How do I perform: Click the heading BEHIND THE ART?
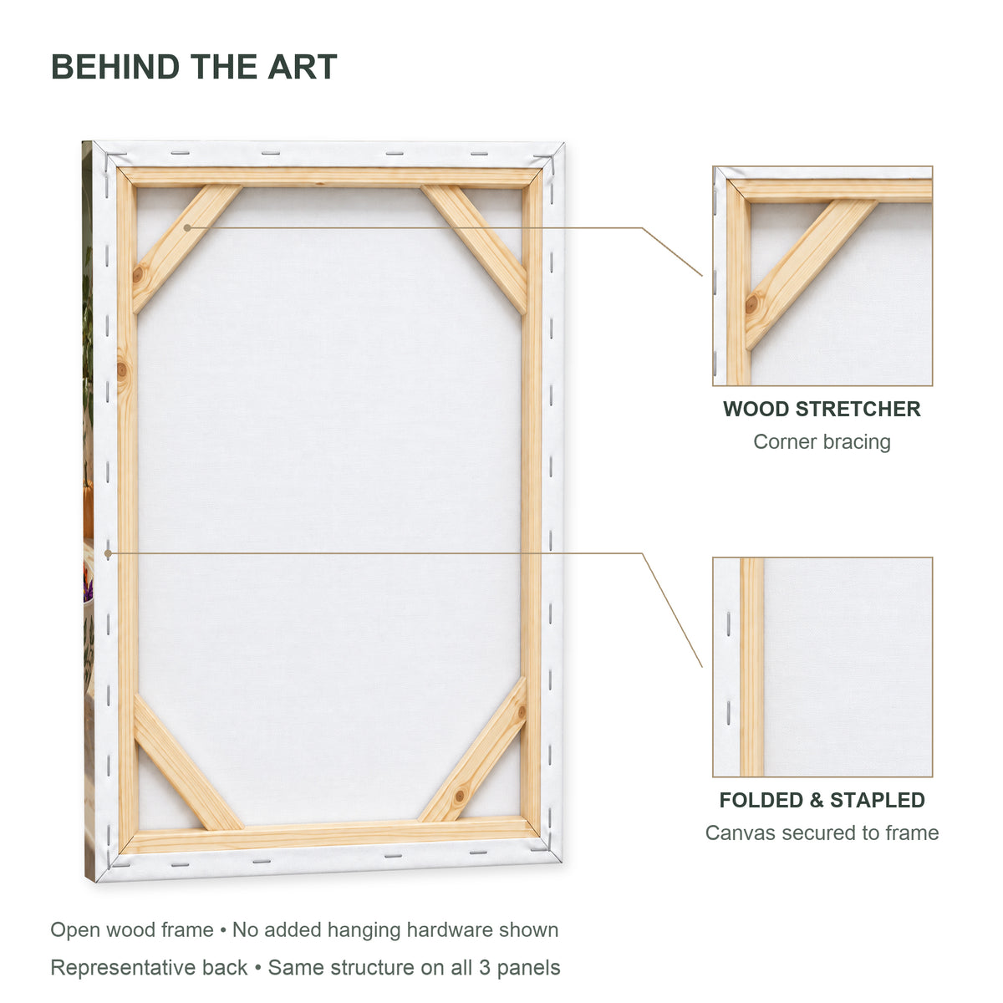(x=194, y=67)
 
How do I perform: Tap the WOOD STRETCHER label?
(x=822, y=409)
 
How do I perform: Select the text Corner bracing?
(x=822, y=442)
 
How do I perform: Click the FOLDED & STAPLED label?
(x=822, y=800)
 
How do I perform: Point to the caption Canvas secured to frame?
(x=822, y=832)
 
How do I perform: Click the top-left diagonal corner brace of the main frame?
(x=186, y=249)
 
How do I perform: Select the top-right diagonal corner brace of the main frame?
(x=475, y=249)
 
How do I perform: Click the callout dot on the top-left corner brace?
(x=187, y=227)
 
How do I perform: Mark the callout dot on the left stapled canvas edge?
(x=108, y=553)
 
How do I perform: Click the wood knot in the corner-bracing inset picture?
(x=751, y=304)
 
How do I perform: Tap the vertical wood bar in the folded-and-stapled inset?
(x=751, y=667)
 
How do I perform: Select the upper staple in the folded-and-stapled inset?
(x=728, y=624)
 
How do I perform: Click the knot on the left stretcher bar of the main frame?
(x=122, y=370)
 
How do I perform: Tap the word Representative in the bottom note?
(x=149, y=968)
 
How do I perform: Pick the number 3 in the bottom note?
(x=485, y=968)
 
